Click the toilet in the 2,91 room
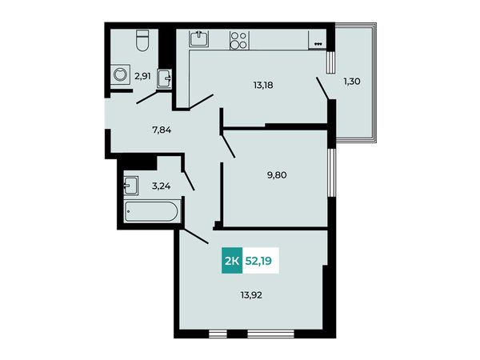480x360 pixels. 142,40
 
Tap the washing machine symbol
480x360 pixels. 120,74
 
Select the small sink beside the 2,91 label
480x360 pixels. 164,78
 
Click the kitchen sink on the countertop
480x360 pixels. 199,38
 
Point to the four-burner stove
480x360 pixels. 239,41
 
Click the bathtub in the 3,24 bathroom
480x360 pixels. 150,211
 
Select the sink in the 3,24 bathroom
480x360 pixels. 131,186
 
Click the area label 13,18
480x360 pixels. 263,85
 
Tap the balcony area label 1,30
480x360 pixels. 352,82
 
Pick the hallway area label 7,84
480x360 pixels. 162,130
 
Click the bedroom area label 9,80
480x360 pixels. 277,175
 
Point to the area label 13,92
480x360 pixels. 251,295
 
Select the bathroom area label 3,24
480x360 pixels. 162,186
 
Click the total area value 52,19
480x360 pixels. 258,261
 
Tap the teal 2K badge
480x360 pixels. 232,260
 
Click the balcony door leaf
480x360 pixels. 322,89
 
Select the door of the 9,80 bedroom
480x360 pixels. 227,144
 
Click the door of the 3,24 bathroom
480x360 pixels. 188,181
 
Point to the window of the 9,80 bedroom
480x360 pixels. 331,173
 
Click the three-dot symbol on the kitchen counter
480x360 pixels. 318,44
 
